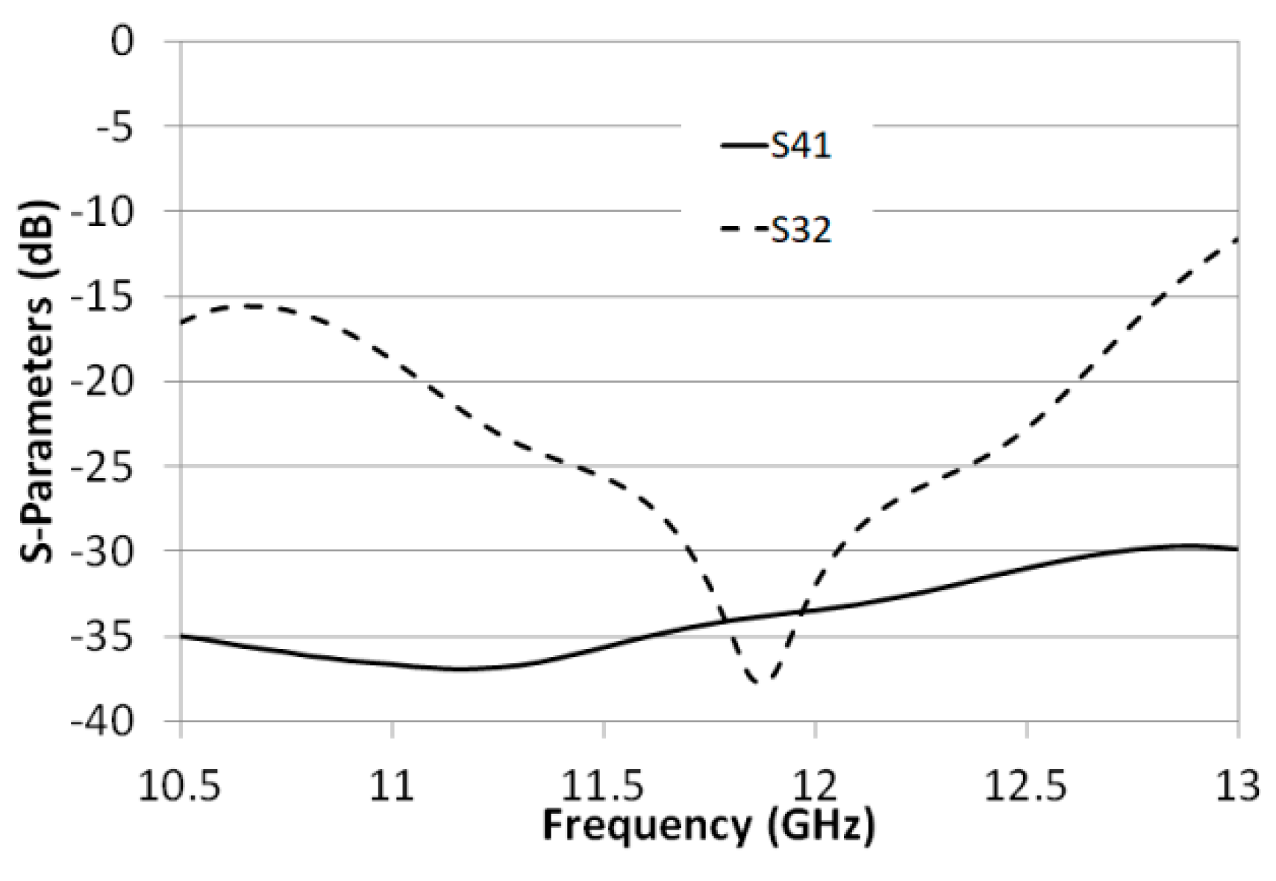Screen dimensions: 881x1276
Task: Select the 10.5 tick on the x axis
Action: pyautogui.click(x=181, y=787)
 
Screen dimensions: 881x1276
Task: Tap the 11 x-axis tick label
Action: pyautogui.click(x=393, y=787)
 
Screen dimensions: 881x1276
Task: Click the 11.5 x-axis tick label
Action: pyautogui.click(x=603, y=787)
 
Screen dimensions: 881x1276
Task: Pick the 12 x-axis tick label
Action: pyautogui.click(x=815, y=787)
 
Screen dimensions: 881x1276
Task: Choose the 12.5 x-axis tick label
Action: pyautogui.click(x=1027, y=787)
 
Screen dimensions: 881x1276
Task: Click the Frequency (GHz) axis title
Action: pyautogui.click(x=708, y=827)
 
